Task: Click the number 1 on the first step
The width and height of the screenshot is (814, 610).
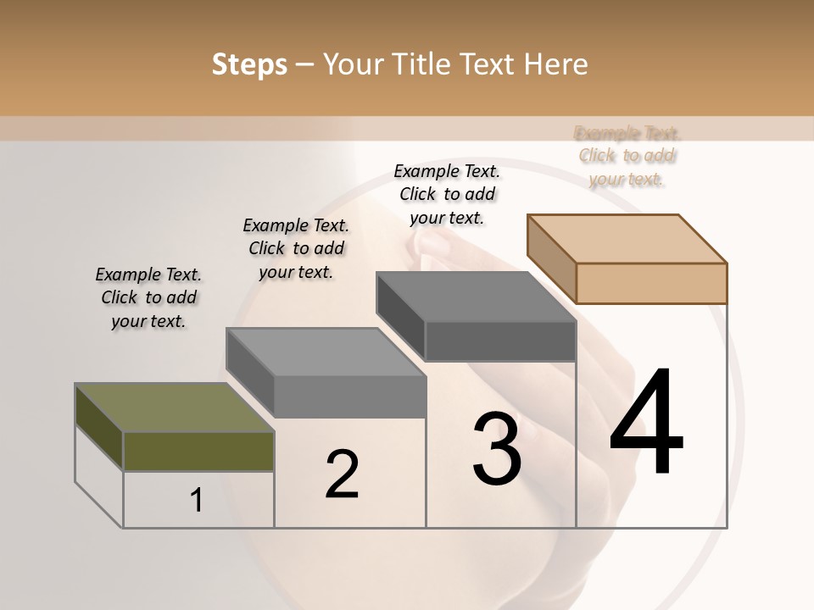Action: click(197, 501)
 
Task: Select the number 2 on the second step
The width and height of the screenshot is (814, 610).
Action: click(342, 474)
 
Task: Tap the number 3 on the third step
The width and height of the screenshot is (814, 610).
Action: click(497, 449)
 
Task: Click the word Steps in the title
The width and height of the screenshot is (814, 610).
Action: click(249, 64)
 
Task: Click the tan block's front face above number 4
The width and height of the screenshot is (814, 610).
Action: click(651, 283)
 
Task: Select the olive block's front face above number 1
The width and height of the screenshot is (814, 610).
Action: click(198, 451)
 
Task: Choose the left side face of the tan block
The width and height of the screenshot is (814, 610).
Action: click(551, 258)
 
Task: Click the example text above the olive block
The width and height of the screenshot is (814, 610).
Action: click(148, 297)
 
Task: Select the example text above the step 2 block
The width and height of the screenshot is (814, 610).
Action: click(296, 248)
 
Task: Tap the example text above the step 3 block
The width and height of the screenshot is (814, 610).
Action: click(447, 194)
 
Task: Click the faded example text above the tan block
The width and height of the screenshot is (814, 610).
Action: click(627, 156)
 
